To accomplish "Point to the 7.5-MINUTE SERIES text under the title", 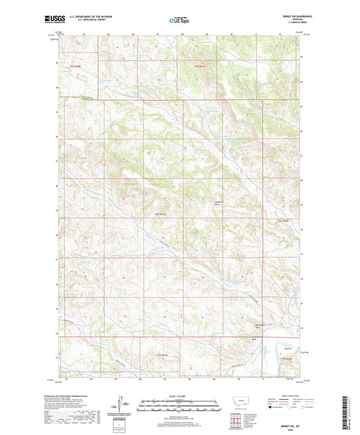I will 287,24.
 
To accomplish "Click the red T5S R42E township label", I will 200,66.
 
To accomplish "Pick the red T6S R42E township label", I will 282,221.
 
